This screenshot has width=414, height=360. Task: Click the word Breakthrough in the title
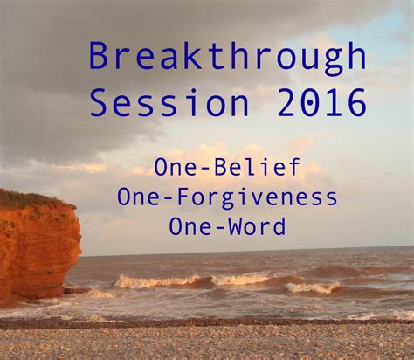227,59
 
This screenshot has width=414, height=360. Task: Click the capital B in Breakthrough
100,58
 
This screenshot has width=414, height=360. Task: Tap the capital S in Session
100,105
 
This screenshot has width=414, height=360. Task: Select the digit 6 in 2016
355,105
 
